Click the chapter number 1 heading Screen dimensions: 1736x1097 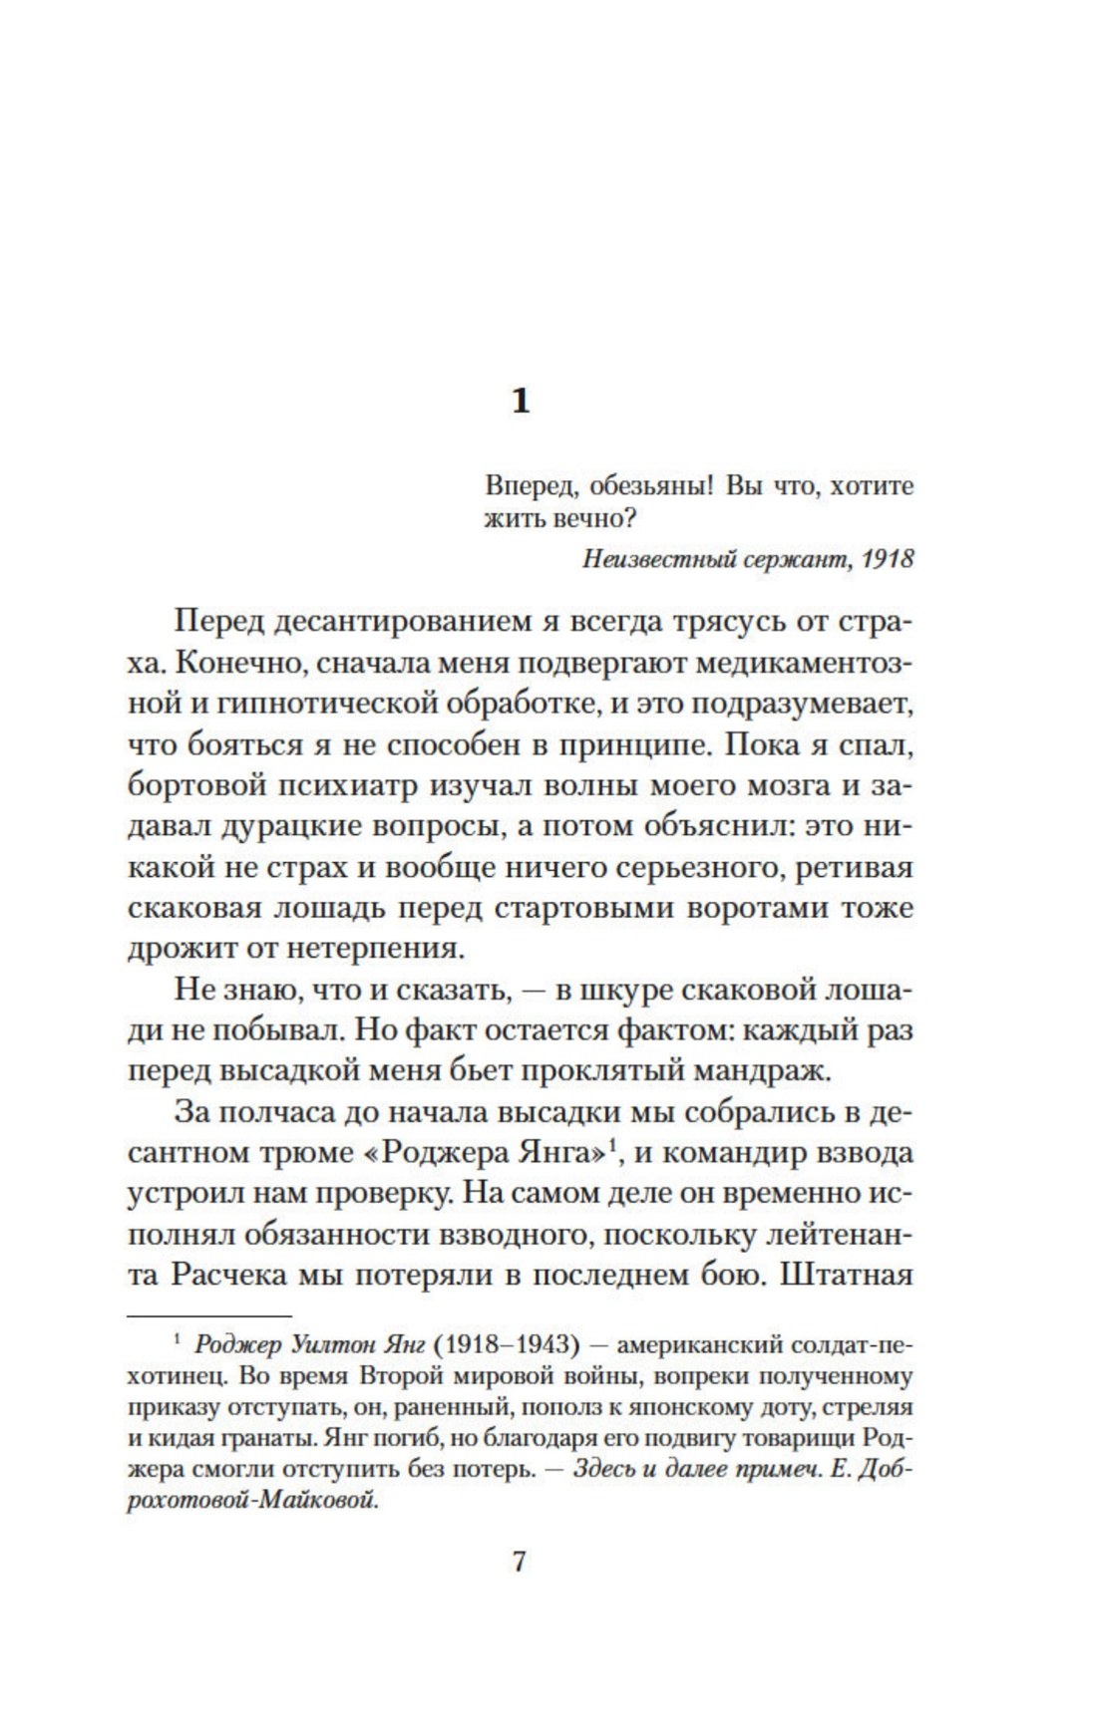click(520, 402)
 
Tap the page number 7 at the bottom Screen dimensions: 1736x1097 click(519, 1561)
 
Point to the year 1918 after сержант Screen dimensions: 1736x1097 click(888, 558)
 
